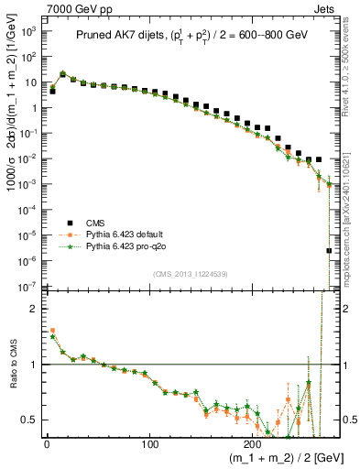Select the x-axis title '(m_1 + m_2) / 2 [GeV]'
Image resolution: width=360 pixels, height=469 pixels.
pyautogui.click(x=279, y=459)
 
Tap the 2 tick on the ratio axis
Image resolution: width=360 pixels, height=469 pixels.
pyautogui.click(x=34, y=309)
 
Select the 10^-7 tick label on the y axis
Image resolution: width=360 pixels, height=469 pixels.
pyautogui.click(x=28, y=287)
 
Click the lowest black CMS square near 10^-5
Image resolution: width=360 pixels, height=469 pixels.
pyautogui.click(x=329, y=250)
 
